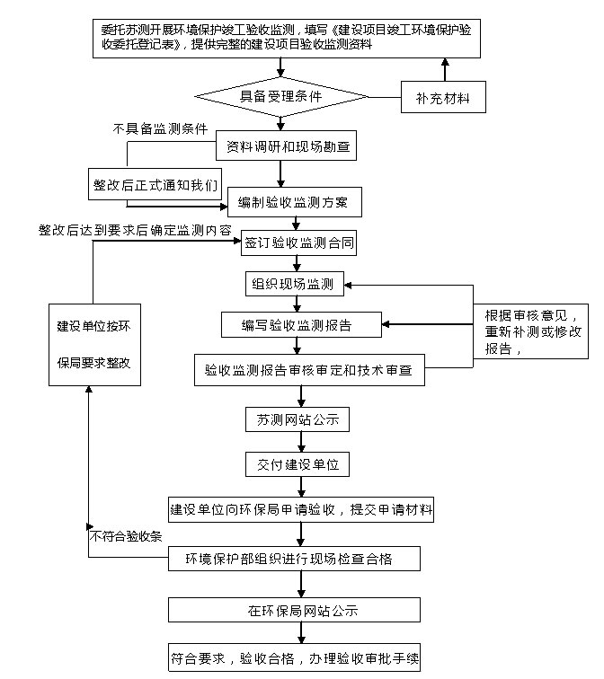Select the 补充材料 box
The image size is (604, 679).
coord(443,96)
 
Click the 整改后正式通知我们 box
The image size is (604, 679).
coord(155,186)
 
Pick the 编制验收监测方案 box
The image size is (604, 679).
coord(296,202)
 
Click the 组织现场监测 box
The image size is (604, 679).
coord(294,285)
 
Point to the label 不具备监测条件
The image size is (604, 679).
coord(161,128)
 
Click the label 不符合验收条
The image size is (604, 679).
coord(127,536)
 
